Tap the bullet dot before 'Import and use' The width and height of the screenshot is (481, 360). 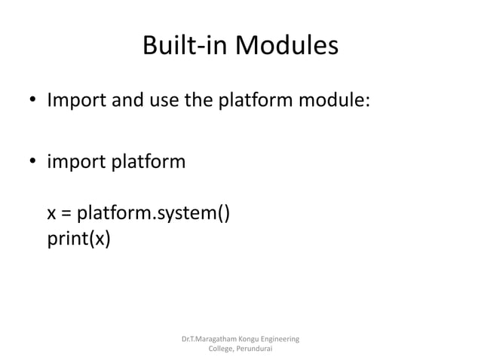(33, 101)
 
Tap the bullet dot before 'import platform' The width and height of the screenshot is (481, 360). (33, 163)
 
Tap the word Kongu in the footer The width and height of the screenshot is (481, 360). (257, 340)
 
